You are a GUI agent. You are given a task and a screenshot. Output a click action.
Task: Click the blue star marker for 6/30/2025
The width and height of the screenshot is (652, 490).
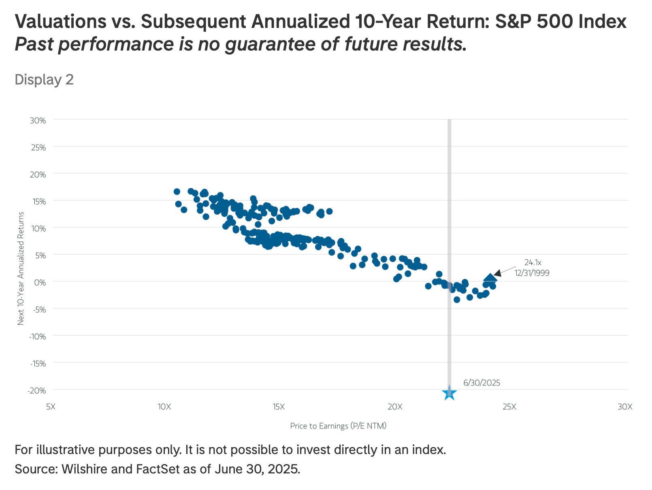click(449, 393)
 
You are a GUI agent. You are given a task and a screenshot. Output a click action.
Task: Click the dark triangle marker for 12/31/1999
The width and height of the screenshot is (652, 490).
click(490, 278)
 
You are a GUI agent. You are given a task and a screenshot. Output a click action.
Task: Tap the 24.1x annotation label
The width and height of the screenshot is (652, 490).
click(533, 262)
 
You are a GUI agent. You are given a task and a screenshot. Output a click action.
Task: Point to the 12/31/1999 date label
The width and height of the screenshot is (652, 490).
click(532, 273)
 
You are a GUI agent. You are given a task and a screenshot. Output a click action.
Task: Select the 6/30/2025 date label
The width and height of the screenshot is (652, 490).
click(482, 382)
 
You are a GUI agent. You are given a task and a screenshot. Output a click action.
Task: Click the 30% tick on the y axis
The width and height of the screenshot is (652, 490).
click(37, 120)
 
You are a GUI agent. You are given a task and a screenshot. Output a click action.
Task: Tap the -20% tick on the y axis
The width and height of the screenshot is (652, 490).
click(36, 391)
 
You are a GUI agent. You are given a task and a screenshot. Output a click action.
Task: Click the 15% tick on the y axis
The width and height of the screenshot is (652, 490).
click(37, 201)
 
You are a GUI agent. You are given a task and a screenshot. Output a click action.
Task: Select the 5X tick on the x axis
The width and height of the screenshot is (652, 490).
click(50, 406)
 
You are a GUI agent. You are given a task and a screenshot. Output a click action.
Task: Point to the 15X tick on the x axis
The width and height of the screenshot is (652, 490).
click(279, 406)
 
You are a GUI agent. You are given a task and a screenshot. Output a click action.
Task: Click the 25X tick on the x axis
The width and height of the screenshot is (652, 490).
click(509, 406)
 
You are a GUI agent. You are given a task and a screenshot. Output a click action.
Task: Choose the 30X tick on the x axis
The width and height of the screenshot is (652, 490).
click(624, 406)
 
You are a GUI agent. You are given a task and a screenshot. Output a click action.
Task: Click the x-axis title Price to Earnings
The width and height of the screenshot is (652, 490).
click(338, 426)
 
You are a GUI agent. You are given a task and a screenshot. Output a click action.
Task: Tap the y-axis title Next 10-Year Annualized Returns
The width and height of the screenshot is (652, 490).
click(21, 268)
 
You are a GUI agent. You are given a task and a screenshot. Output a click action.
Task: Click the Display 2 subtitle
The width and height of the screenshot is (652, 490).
click(44, 80)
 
